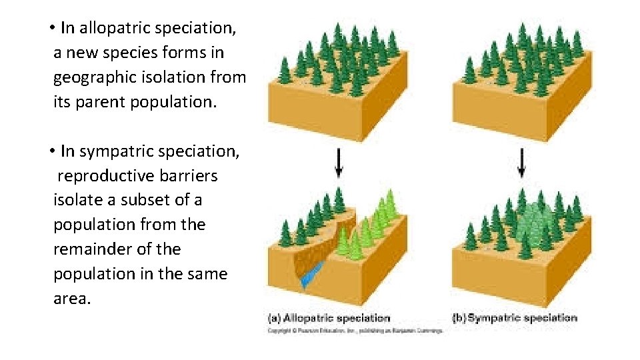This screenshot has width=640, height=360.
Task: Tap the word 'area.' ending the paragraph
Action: (71, 299)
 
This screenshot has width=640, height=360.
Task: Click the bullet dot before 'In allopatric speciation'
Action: (51, 29)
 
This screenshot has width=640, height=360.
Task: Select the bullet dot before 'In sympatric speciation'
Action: (51, 152)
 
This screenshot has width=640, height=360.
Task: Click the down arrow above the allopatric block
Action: (339, 162)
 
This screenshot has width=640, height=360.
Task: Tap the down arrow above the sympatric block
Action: (522, 162)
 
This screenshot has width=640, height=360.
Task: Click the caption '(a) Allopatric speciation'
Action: (329, 318)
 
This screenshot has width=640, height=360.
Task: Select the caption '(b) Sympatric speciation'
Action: (515, 318)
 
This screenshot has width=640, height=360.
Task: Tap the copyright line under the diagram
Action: (355, 330)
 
